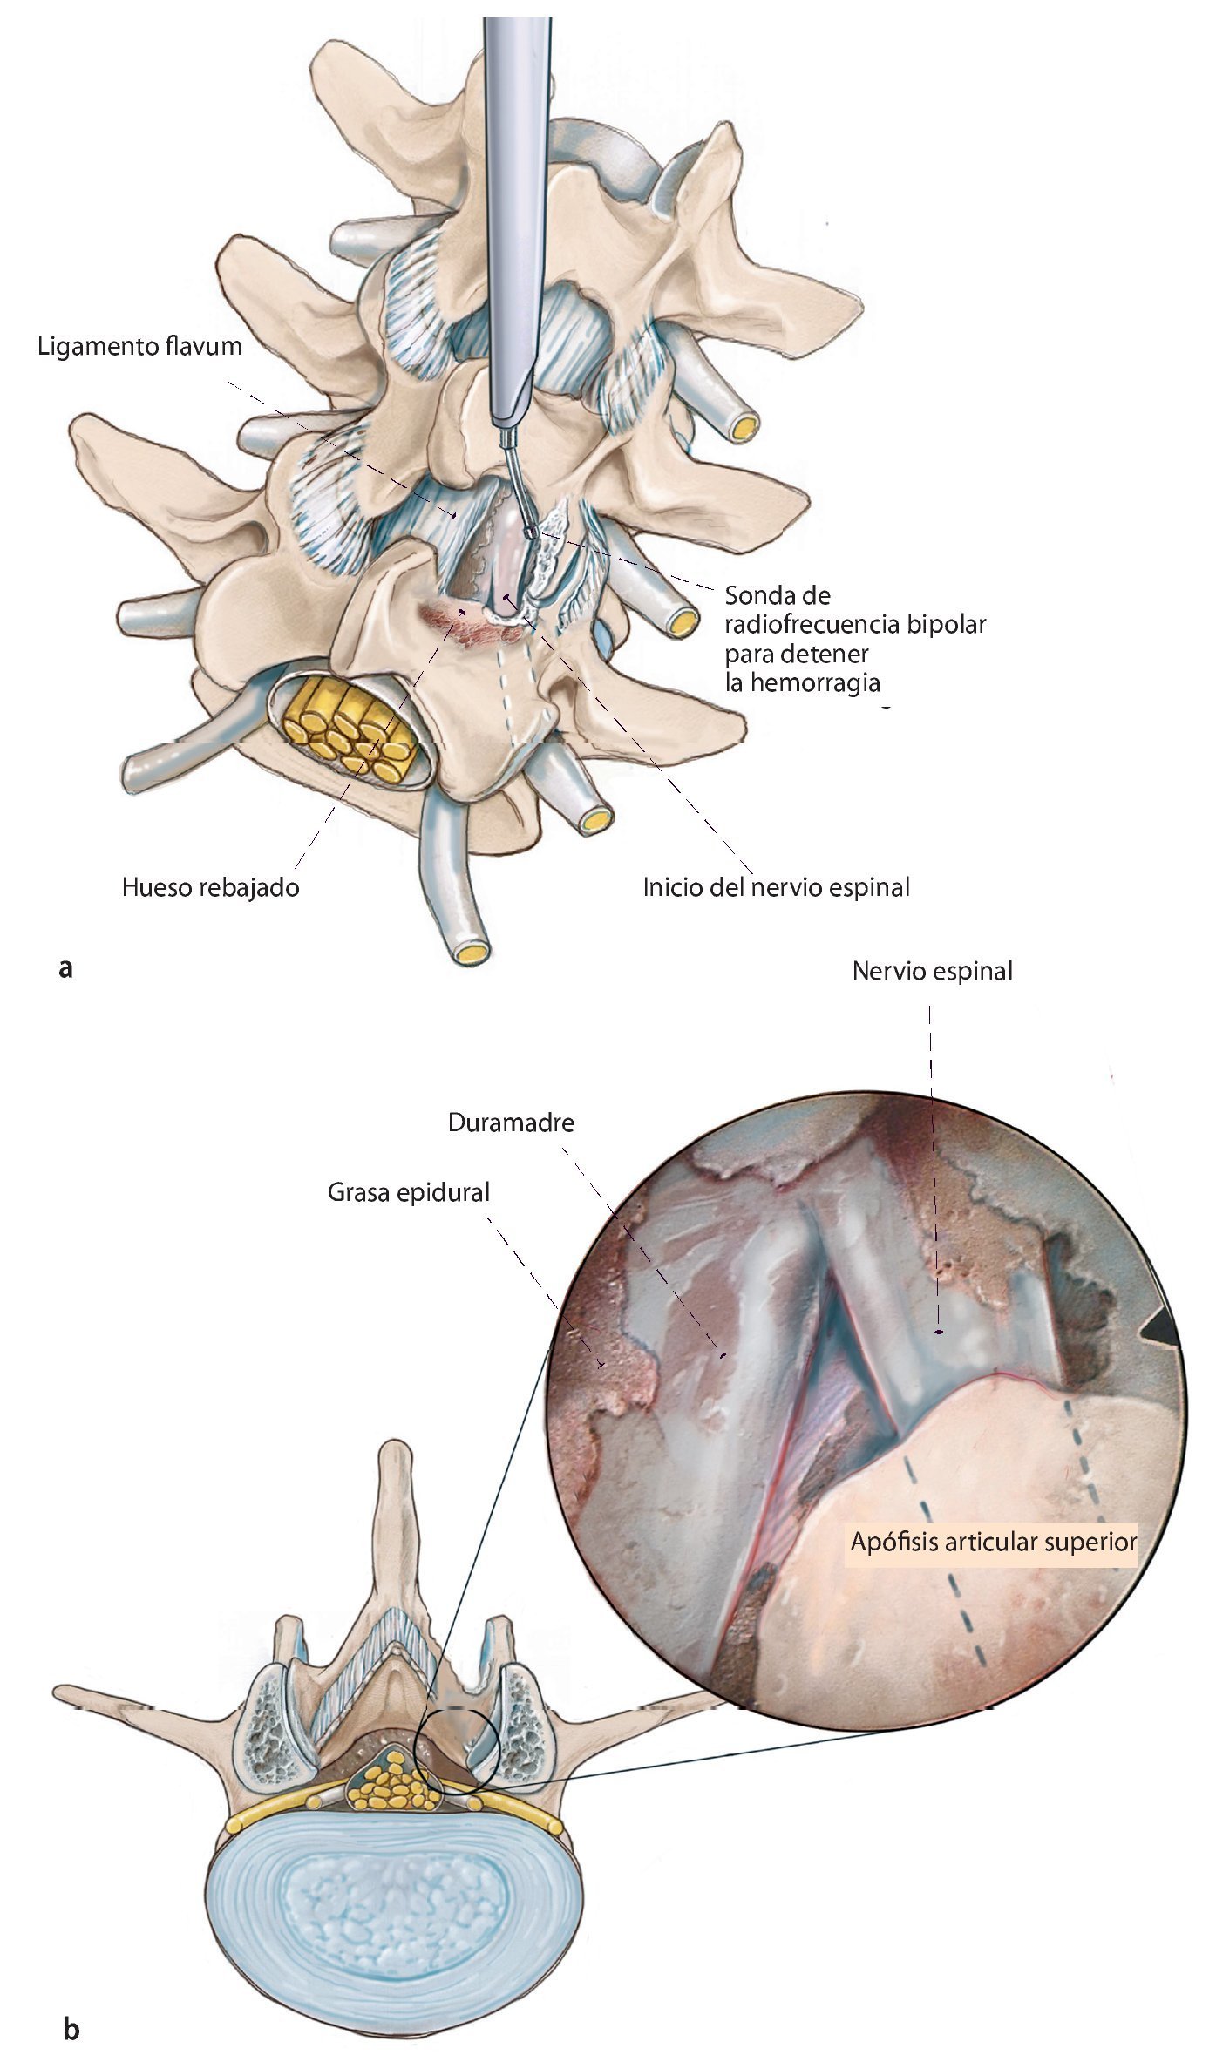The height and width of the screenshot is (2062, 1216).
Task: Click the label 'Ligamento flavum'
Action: click(x=139, y=347)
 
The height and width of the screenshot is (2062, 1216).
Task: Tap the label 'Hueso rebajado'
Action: click(x=210, y=887)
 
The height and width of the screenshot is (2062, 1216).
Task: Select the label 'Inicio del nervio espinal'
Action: click(x=776, y=887)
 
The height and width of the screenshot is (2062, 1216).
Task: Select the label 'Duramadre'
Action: click(x=511, y=1123)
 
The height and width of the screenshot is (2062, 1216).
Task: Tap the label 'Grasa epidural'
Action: click(x=408, y=1192)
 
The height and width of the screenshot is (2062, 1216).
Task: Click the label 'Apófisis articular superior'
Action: click(x=993, y=1542)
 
